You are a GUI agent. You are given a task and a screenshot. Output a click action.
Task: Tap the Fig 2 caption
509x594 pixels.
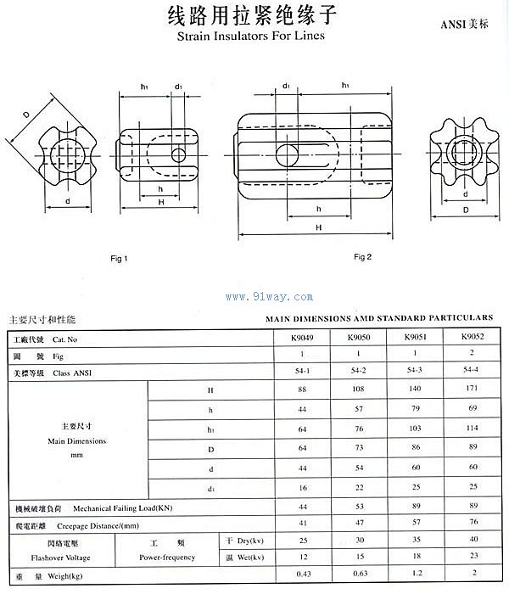click(363, 257)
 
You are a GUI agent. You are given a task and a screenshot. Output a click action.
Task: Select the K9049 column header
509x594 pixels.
click(303, 339)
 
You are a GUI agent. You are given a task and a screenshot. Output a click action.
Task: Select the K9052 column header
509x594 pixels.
click(473, 339)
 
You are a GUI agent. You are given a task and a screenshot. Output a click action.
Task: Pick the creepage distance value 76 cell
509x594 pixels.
click(473, 524)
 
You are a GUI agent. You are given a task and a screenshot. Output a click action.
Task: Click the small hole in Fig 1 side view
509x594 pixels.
click(177, 154)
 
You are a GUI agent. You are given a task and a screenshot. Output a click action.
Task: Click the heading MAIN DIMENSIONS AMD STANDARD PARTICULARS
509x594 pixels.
click(379, 317)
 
